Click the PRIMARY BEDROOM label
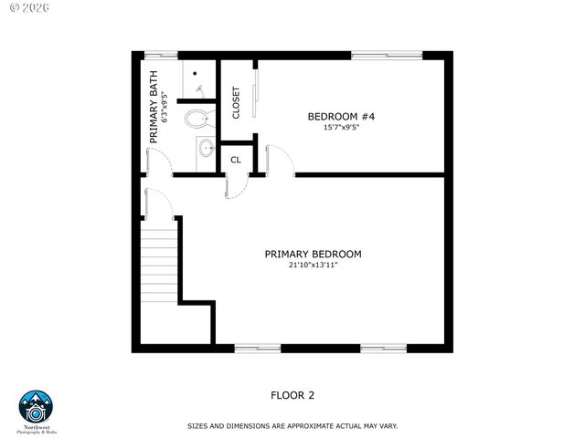tap(314, 254)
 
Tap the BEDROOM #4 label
tap(341, 116)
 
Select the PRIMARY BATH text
tap(154, 107)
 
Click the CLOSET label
tap(236, 102)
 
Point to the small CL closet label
tap(236, 160)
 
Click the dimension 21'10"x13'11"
tap(314, 266)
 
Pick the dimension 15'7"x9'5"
tap(341, 128)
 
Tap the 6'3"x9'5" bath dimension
tap(165, 107)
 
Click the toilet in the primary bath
tap(198, 118)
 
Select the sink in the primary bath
tap(206, 147)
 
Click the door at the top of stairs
tap(155, 203)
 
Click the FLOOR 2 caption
tap(292, 395)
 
